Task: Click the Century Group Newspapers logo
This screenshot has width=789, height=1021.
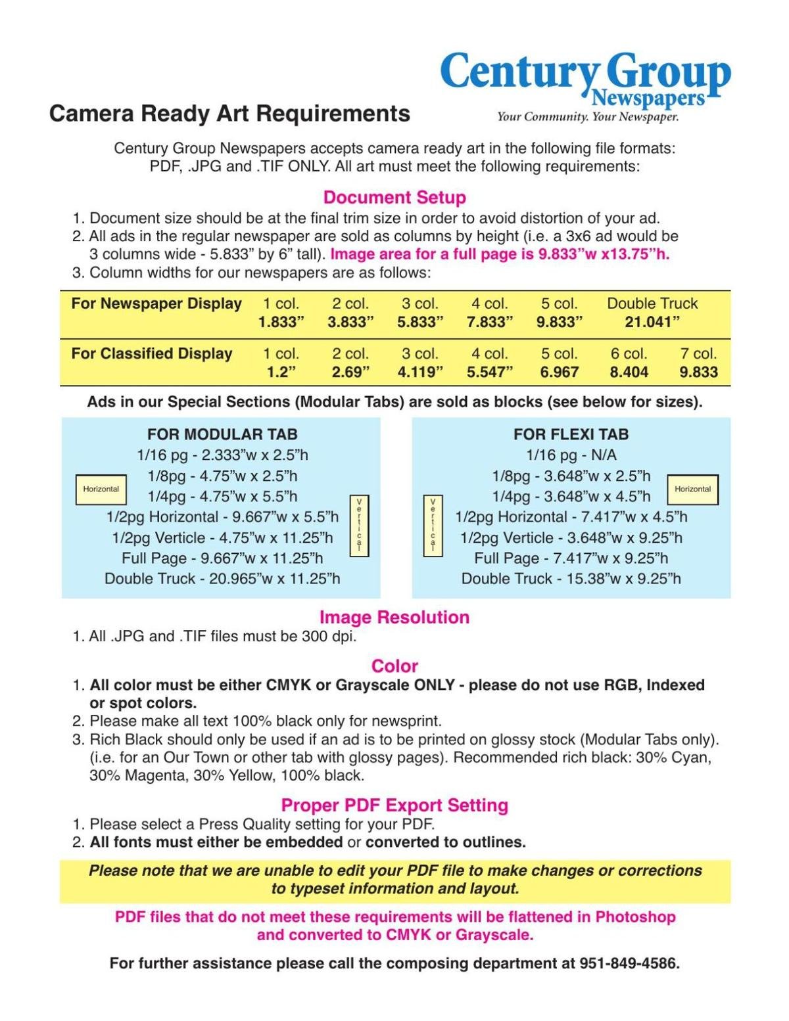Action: point(585,79)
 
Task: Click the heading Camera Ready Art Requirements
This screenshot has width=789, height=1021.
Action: point(229,114)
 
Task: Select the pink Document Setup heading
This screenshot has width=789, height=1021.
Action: point(394,197)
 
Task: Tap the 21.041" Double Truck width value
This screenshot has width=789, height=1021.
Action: point(652,322)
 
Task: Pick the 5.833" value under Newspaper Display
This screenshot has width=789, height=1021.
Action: point(420,322)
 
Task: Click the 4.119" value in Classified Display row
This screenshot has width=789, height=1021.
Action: point(420,372)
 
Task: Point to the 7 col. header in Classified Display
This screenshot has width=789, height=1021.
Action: point(698,353)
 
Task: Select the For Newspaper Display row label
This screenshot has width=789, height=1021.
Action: point(156,304)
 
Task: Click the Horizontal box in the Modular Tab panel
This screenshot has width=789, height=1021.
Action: point(101,489)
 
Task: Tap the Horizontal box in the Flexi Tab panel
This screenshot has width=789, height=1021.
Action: point(692,489)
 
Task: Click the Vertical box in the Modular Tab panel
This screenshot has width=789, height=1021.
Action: point(359,526)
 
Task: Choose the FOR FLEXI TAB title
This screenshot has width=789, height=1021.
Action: point(571,434)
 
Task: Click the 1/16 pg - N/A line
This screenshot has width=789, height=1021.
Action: point(571,455)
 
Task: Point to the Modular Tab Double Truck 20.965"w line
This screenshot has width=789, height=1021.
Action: point(222,579)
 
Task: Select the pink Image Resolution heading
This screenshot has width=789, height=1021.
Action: point(394,617)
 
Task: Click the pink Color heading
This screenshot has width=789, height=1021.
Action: point(394,666)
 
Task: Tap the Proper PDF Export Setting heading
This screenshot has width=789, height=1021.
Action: point(394,805)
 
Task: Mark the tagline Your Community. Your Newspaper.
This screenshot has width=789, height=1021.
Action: point(588,117)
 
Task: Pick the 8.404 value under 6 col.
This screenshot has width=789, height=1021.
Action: point(629,372)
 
